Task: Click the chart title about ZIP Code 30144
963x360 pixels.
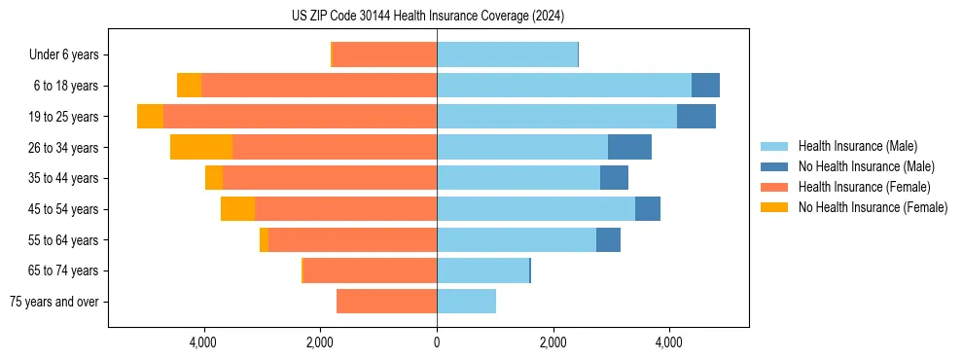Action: pyautogui.click(x=427, y=17)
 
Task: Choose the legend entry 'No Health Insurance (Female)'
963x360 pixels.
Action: pyautogui.click(x=873, y=207)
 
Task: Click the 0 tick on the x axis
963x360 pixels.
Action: pyautogui.click(x=437, y=342)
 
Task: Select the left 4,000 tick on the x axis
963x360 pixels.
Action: pyautogui.click(x=203, y=342)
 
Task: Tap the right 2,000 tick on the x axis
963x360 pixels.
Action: pyautogui.click(x=553, y=342)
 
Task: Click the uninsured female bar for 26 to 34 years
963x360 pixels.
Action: pyautogui.click(x=201, y=147)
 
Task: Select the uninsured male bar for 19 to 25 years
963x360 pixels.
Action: pyautogui.click(x=696, y=116)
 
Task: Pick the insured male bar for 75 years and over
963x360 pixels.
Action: pyautogui.click(x=466, y=302)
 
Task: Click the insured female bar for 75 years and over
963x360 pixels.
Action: pyautogui.click(x=386, y=302)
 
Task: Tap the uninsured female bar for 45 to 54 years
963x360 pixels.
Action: pyautogui.click(x=237, y=208)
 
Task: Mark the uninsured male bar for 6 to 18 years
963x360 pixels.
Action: pyautogui.click(x=705, y=85)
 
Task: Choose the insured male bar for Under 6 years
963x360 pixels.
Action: pyautogui.click(x=507, y=54)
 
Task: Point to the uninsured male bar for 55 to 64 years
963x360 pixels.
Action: pyautogui.click(x=608, y=239)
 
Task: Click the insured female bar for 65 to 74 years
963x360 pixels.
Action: pyautogui.click(x=370, y=270)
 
